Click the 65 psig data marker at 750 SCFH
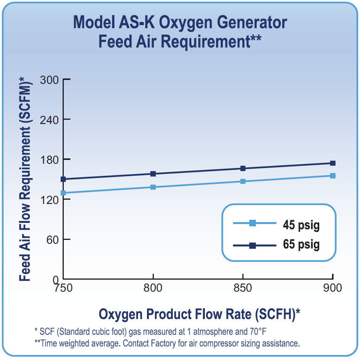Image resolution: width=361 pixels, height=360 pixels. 63,179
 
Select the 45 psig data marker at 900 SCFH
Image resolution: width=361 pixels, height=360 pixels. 333,176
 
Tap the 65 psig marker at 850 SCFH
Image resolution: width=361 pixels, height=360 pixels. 243,168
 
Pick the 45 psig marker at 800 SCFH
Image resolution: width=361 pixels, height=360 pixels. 153,187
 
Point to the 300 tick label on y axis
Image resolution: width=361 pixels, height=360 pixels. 49,80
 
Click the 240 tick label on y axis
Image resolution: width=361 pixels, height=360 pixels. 49,119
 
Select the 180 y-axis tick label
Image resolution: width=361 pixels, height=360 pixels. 49,160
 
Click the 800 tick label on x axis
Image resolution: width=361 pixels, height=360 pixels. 153,288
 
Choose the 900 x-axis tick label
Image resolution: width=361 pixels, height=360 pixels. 332,288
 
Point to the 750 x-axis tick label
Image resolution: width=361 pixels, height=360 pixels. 63,288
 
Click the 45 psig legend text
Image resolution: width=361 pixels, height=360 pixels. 301,225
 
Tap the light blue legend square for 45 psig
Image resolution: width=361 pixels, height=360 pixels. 252,223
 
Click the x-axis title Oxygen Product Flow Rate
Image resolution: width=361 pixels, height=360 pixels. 199,314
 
